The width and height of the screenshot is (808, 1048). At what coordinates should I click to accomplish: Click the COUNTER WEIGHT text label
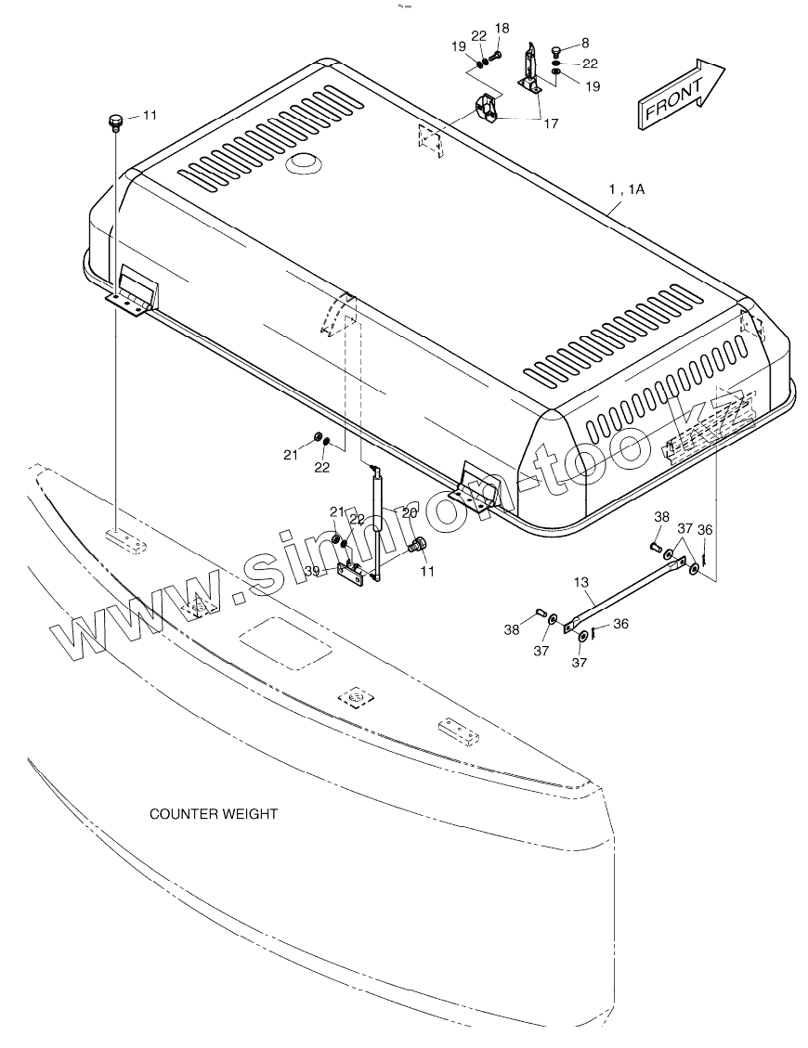[214, 814]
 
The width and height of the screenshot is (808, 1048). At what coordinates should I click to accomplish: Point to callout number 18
[502, 29]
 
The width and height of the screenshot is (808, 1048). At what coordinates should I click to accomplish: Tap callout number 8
[585, 42]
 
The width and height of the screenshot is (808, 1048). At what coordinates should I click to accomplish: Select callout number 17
[552, 123]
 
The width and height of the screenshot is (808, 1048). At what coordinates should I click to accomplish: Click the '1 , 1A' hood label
[626, 188]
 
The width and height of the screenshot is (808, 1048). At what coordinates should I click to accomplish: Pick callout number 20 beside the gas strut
[410, 512]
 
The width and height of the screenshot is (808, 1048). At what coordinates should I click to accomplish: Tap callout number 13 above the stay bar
[581, 582]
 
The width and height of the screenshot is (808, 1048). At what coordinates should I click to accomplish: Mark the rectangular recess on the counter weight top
[285, 641]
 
